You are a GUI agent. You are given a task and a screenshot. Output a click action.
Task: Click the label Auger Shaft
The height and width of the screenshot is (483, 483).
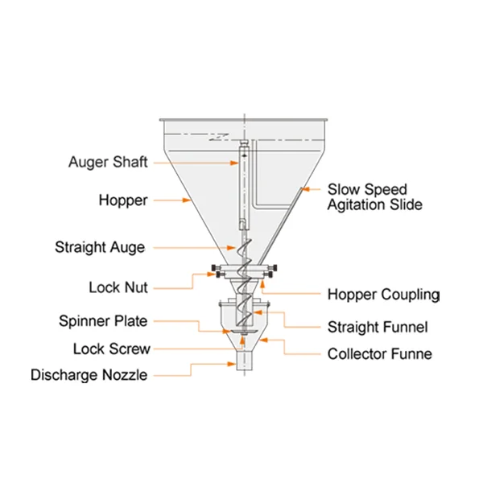click(108, 162)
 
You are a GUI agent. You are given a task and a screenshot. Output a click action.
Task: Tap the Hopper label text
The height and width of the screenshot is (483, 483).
click(123, 200)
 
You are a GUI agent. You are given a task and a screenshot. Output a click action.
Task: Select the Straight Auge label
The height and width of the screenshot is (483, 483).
click(100, 247)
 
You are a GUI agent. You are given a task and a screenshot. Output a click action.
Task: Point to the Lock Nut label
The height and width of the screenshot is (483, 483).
click(118, 287)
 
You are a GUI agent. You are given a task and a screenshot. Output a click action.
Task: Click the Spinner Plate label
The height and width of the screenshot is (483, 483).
click(103, 321)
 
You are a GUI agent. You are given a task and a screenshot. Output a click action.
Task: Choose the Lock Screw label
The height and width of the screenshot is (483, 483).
click(112, 349)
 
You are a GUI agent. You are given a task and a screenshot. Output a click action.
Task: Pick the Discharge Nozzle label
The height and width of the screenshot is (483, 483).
click(89, 375)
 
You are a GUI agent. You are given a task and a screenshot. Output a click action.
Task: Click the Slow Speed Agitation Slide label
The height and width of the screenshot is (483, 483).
click(374, 197)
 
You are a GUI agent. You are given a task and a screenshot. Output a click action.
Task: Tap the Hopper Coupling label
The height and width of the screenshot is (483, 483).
click(383, 294)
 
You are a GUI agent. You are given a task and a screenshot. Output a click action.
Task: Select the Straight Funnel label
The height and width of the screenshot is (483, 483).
click(377, 327)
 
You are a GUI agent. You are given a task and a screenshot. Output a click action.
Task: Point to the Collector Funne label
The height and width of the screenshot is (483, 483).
click(379, 353)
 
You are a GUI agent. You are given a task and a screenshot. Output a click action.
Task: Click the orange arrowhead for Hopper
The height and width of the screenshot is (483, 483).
click(188, 200)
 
